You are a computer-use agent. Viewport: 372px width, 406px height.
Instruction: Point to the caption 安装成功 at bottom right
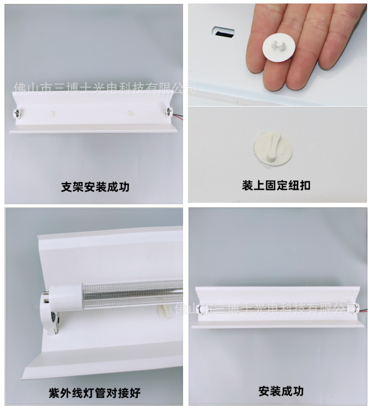click(x=281, y=391)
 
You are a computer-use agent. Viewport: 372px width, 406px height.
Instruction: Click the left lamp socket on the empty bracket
click(x=16, y=113)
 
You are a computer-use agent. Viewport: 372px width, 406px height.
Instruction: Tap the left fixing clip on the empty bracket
click(x=53, y=114)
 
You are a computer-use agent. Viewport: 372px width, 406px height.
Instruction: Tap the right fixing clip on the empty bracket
click(x=131, y=113)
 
